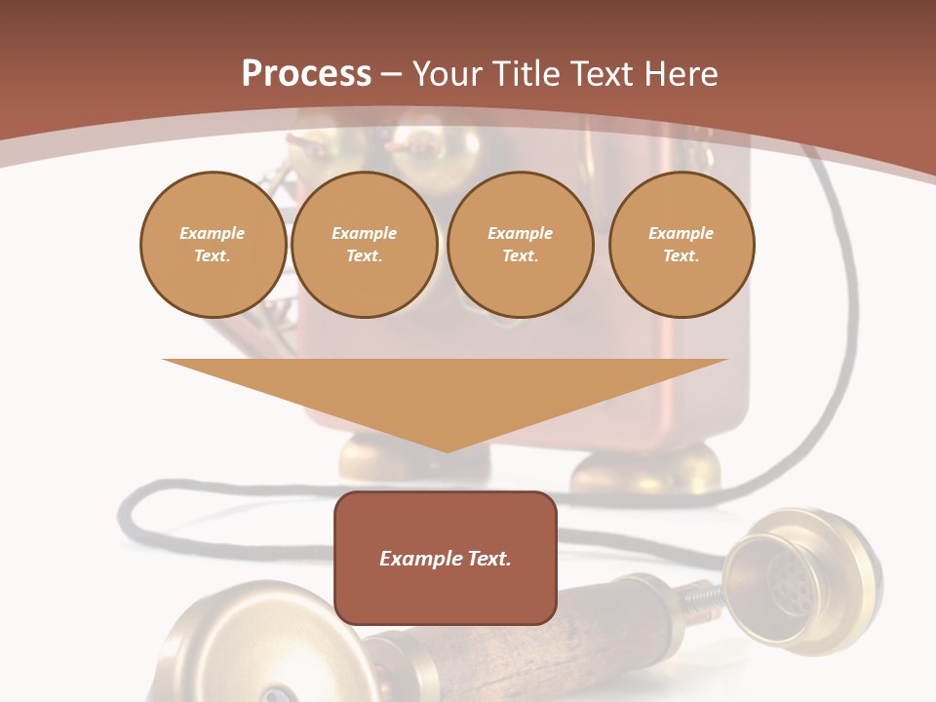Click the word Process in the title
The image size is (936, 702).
(x=306, y=74)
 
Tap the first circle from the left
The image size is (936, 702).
(x=213, y=245)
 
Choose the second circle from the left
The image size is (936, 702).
(x=364, y=245)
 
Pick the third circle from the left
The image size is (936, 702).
(x=520, y=245)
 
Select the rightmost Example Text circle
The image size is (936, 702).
(x=681, y=245)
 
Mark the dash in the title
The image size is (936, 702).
(x=391, y=74)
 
